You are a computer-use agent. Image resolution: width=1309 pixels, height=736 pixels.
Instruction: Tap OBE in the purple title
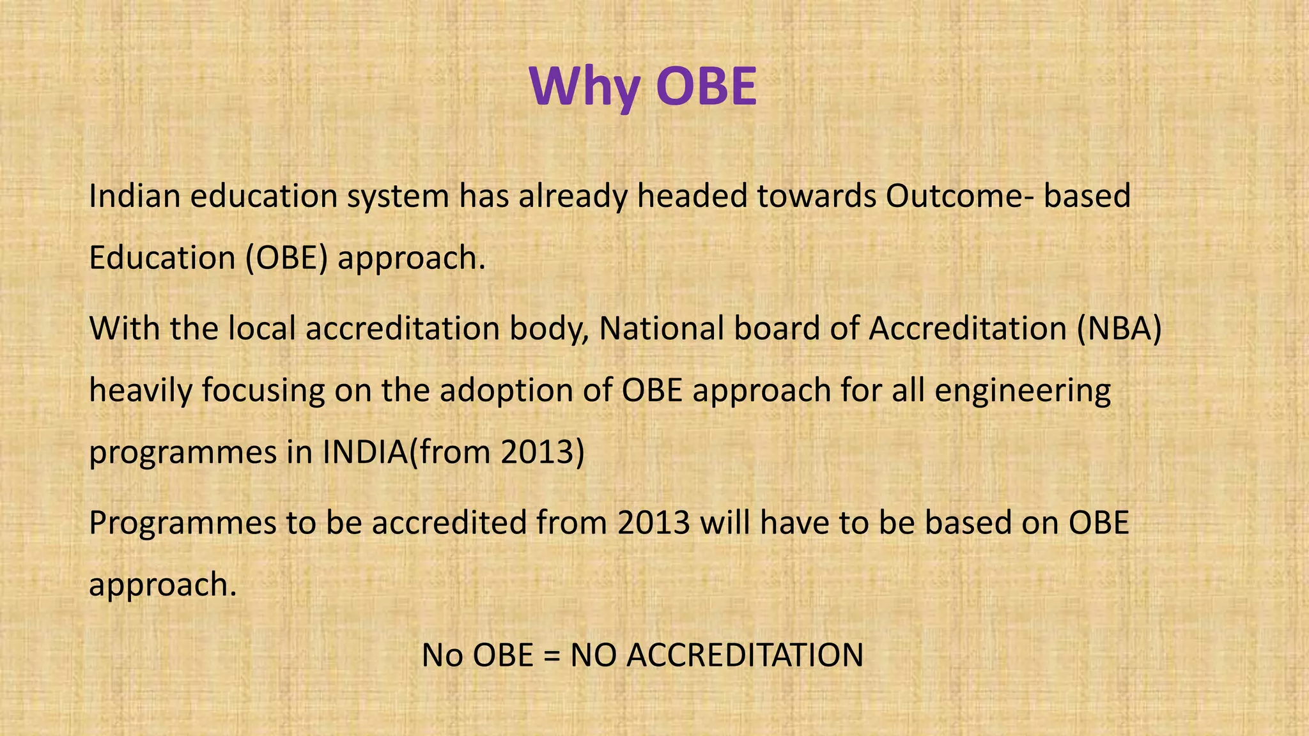point(706,86)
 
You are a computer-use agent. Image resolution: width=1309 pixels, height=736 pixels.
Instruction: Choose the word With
point(125,328)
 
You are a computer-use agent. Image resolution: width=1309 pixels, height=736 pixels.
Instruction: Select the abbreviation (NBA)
point(1119,328)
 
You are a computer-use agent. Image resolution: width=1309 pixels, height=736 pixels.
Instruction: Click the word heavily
point(141,391)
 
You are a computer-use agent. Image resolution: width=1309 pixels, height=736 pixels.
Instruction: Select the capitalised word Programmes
point(182,523)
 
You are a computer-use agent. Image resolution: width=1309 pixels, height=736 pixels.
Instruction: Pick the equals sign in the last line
point(551,655)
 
